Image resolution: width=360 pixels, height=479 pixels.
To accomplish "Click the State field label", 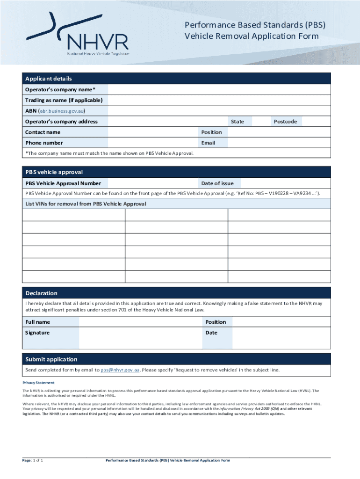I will [237, 122].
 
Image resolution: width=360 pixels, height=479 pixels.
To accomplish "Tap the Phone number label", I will [44, 143].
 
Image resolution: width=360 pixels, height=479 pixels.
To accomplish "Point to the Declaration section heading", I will [42, 293].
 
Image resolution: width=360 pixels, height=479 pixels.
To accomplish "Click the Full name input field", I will [140, 322].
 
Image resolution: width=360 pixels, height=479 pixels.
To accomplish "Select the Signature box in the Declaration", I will [140, 338].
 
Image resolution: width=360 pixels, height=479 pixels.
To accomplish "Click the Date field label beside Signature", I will [211, 333].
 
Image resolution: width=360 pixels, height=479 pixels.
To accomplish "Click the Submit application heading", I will [51, 359].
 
